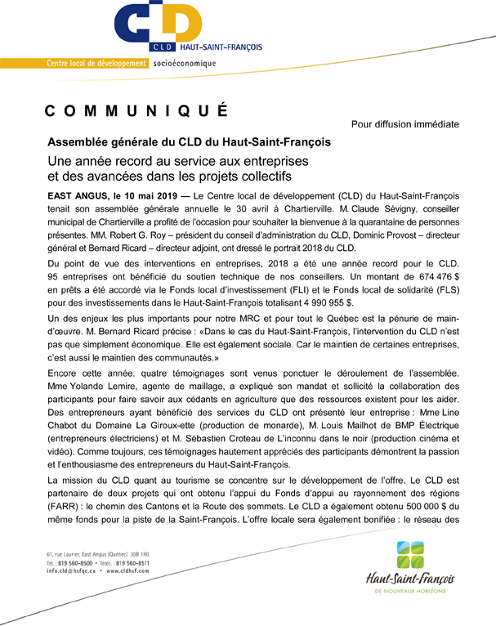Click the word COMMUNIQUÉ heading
136,112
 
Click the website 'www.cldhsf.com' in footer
131,571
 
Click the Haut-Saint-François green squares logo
410,556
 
